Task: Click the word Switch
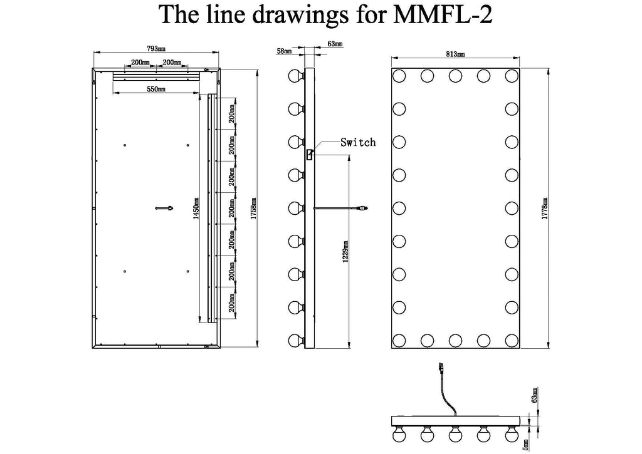pyautogui.click(x=358, y=142)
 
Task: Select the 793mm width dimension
pyautogui.click(x=156, y=49)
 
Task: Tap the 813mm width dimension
pyautogui.click(x=455, y=54)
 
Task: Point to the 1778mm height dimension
pyautogui.click(x=545, y=209)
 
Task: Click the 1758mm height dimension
pyautogui.click(x=253, y=209)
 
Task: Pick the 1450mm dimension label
pyautogui.click(x=196, y=209)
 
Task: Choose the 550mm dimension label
pyautogui.click(x=156, y=89)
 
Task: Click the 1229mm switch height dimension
pyautogui.click(x=345, y=251)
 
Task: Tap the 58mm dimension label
pyautogui.click(x=284, y=51)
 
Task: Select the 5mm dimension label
pyautogui.click(x=525, y=444)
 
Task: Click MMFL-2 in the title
pyautogui.click(x=442, y=15)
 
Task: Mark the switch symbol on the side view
pyautogui.click(x=310, y=155)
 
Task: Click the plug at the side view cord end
pyautogui.click(x=364, y=209)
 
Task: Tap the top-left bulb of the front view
pyautogui.click(x=399, y=76)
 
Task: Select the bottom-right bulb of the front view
pyautogui.click(x=512, y=340)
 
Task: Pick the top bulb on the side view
pyautogui.click(x=297, y=76)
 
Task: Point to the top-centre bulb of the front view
pyautogui.click(x=455, y=76)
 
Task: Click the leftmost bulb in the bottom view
pyautogui.click(x=399, y=433)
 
